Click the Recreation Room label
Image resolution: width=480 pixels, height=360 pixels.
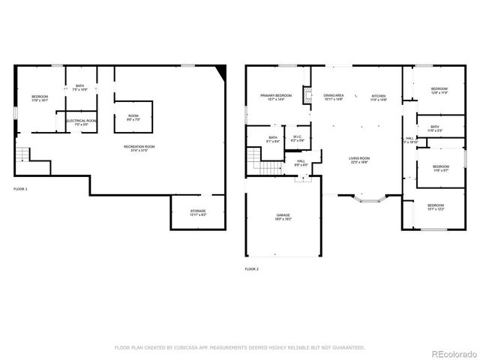139,148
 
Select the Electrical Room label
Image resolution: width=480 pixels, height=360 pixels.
81,122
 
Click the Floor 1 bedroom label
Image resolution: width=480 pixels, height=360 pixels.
39,99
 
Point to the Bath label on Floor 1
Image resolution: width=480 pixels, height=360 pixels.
80,88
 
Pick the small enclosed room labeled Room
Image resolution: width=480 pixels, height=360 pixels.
132,116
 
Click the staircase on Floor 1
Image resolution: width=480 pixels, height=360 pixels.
24,155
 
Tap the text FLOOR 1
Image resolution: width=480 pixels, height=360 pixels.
20,189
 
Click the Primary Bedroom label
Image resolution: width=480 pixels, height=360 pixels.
275,97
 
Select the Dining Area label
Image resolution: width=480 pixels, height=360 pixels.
334,97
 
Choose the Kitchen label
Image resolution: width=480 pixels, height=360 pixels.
379,97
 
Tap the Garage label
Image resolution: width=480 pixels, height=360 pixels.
283,217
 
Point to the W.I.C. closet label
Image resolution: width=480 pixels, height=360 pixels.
298,138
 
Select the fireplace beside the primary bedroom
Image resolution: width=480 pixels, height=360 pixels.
306,95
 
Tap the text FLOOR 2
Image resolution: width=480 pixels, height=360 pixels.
251,268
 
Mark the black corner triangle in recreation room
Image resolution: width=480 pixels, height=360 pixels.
220,70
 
